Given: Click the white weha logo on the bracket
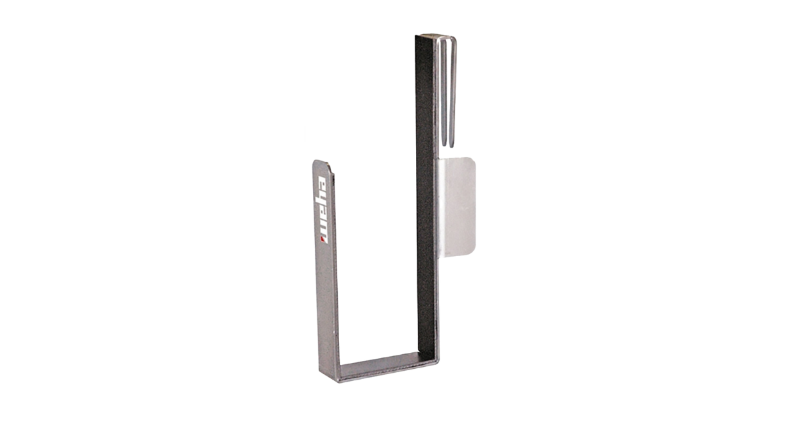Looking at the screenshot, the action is (323, 210).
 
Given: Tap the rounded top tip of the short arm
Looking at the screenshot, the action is (322, 162).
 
